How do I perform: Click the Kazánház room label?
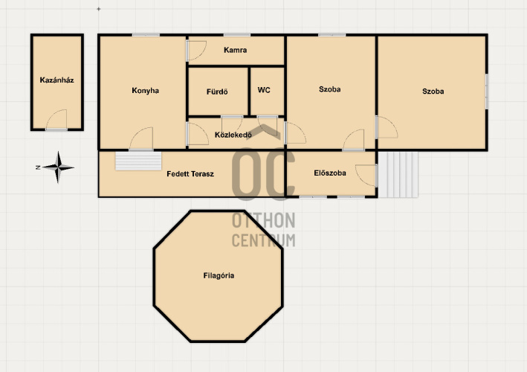click(56, 80)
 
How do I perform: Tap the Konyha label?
click(145, 91)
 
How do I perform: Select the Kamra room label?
click(236, 50)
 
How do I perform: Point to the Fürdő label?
click(217, 92)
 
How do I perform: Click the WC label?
click(264, 90)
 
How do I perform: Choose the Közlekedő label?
click(233, 135)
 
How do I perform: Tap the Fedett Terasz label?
click(190, 174)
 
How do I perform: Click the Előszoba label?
click(330, 173)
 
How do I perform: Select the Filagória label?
click(219, 275)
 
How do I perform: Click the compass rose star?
click(58, 167)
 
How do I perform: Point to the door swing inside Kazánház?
click(56, 119)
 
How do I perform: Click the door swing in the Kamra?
click(197, 51)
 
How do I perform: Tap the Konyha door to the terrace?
click(141, 138)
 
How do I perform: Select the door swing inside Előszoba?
click(366, 176)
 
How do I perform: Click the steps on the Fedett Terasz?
click(138, 161)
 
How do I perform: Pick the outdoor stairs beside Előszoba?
click(398, 174)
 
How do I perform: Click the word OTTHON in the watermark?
click(263, 220)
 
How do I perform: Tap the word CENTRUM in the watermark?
click(263, 240)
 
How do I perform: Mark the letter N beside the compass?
click(38, 167)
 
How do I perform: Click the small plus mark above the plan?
click(98, 9)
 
